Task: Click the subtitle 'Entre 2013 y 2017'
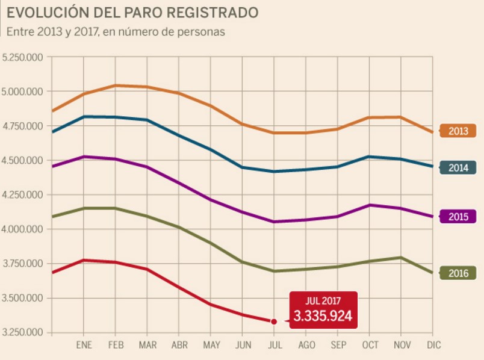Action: [116, 32]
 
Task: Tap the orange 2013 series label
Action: [458, 131]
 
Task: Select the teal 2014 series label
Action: [458, 168]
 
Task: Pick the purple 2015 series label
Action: [458, 217]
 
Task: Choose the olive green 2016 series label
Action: [458, 273]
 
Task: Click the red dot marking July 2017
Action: [274, 321]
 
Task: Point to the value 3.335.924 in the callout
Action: [323, 316]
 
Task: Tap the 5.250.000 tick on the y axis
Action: [24, 58]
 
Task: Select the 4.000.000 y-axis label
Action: [24, 229]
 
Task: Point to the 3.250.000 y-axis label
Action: [24, 333]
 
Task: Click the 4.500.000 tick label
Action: [24, 161]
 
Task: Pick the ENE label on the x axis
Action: [84, 345]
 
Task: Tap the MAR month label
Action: [147, 345]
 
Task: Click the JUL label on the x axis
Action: [274, 345]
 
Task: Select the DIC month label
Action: [433, 345]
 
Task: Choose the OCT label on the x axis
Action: [370, 345]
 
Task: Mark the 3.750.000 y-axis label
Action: [24, 264]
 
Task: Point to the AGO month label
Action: [306, 345]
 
